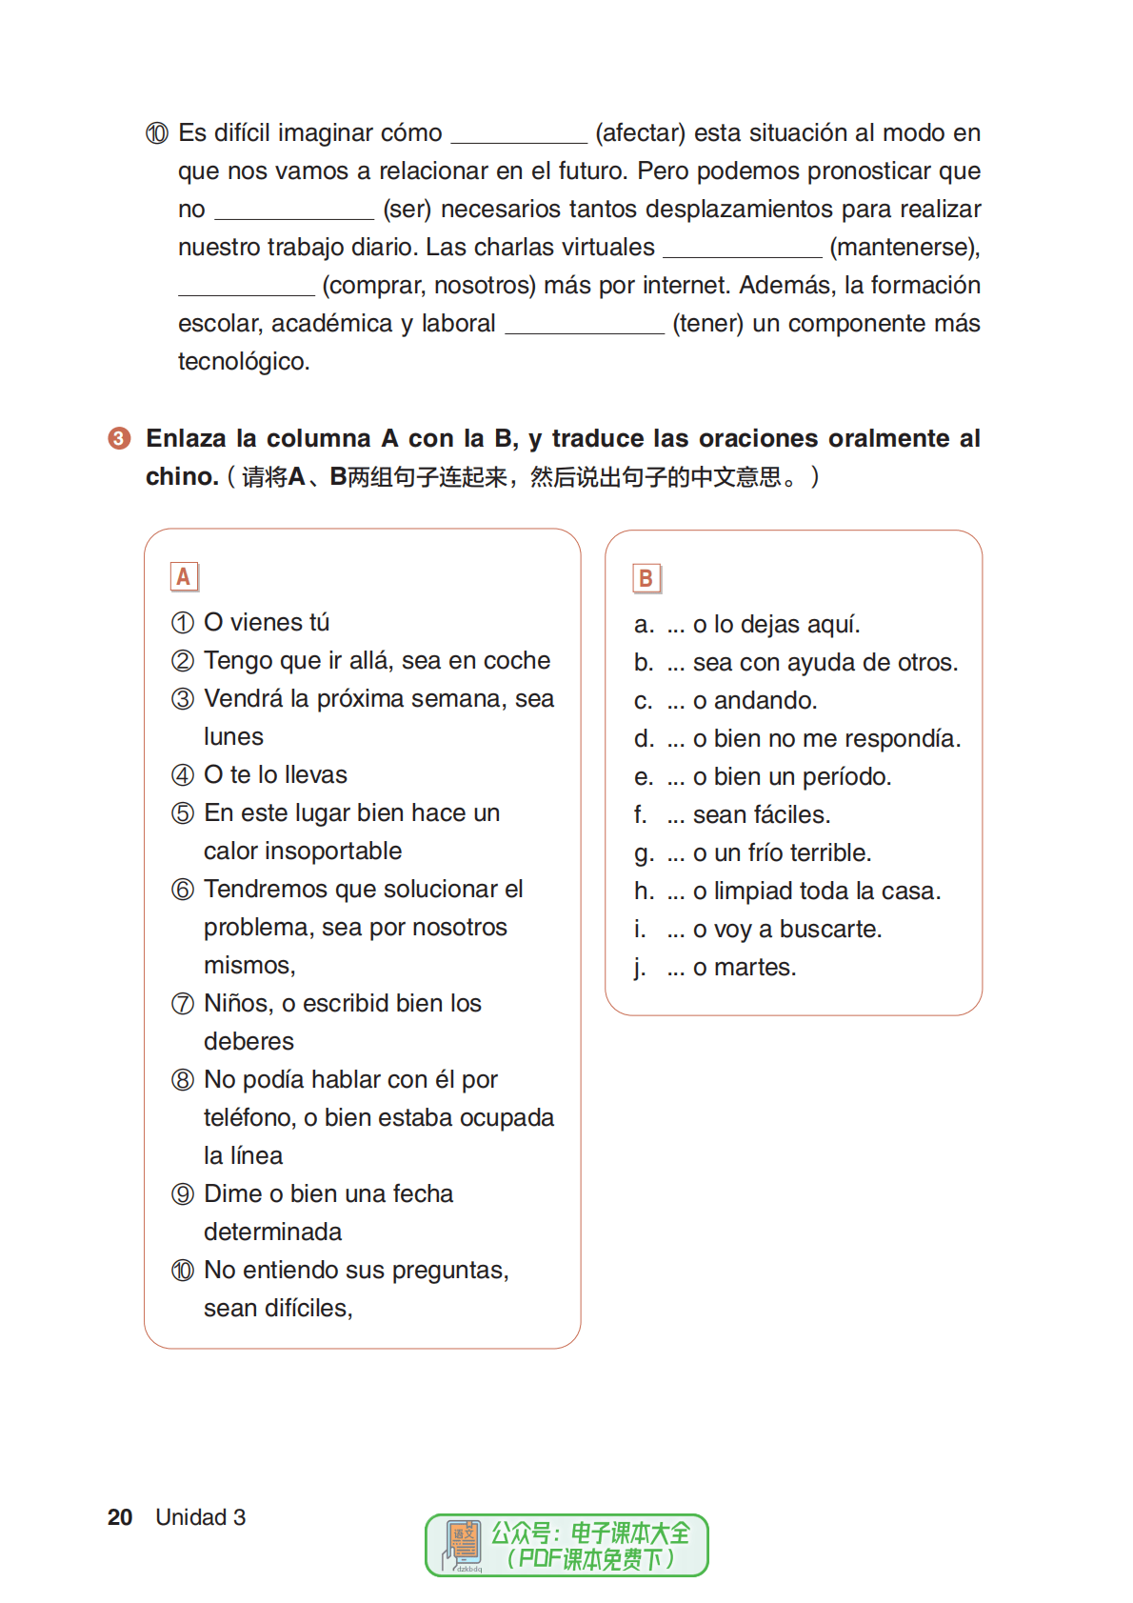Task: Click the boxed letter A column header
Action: (x=184, y=576)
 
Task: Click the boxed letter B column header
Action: (x=646, y=578)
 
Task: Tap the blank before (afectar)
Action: (x=519, y=133)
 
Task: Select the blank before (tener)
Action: (x=584, y=324)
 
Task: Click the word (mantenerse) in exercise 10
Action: (x=904, y=248)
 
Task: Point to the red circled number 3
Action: (x=119, y=438)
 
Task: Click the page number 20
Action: (x=120, y=1517)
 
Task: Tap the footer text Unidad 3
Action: (x=201, y=1517)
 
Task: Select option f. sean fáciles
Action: (x=732, y=815)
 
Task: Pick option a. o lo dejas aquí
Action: (x=747, y=625)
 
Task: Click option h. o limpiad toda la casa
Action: (x=787, y=892)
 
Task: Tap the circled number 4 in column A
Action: (x=183, y=775)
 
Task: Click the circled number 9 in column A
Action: (x=183, y=1194)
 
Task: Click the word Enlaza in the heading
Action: (x=191, y=438)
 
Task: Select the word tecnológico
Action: (x=244, y=362)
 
